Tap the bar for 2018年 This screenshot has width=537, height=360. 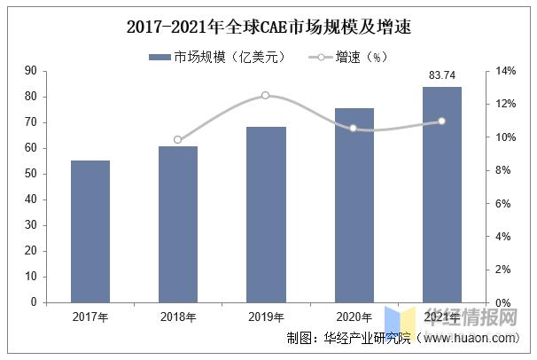[x=178, y=223]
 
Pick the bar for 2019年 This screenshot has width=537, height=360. [x=266, y=214]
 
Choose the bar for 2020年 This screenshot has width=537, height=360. [x=354, y=205]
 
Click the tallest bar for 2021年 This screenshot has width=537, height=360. [x=441, y=194]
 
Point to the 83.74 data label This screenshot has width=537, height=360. [x=442, y=76]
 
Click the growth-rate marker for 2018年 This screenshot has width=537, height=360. [x=178, y=139]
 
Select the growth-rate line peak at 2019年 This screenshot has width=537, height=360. [x=266, y=95]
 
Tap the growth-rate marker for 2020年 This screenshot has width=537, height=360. [x=354, y=128]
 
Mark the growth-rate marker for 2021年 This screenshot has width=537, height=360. [x=441, y=121]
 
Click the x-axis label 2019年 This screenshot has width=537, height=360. [x=266, y=316]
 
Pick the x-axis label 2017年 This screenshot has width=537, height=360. [x=90, y=316]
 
